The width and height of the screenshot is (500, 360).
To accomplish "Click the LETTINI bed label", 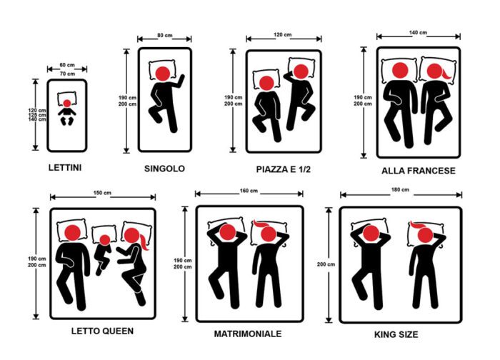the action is click(x=65, y=168).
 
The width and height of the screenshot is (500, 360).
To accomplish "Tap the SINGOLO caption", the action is click(x=164, y=169).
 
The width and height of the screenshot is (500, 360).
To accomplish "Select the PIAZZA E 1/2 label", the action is click(x=283, y=169).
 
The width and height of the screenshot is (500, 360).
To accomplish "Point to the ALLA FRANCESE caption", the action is click(x=419, y=171).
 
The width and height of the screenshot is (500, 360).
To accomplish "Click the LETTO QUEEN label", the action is click(x=102, y=331).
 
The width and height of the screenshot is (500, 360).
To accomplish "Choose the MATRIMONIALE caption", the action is click(x=248, y=334).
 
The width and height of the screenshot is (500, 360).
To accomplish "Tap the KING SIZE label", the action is click(x=396, y=334).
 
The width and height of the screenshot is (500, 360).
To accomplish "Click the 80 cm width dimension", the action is click(x=164, y=36).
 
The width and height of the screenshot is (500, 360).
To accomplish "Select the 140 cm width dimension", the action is click(x=418, y=33).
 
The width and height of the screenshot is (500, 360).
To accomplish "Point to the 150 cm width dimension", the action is click(x=102, y=193).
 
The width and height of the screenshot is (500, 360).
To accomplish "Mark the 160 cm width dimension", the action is click(x=249, y=191).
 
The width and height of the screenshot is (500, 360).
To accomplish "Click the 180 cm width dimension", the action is click(x=400, y=190).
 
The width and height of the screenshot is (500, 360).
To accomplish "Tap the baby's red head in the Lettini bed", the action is click(x=67, y=104).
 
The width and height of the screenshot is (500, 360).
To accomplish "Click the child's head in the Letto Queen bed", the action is click(x=105, y=240).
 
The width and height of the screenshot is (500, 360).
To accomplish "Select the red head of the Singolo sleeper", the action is click(x=163, y=74).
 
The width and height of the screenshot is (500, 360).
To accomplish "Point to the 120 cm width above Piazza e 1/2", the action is click(x=283, y=35).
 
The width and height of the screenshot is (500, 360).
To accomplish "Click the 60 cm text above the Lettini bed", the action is click(x=67, y=65).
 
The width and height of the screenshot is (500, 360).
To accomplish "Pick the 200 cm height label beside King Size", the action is click(x=326, y=264).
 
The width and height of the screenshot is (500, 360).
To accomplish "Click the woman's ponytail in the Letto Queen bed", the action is click(x=144, y=243).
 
